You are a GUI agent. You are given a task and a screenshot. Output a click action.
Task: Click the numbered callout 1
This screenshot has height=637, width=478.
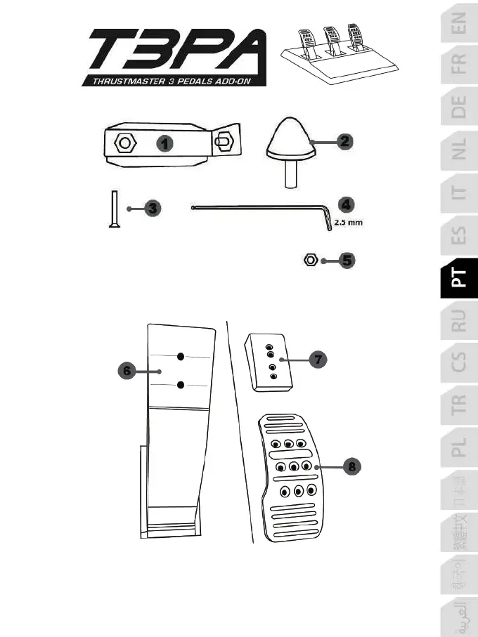click(x=164, y=144)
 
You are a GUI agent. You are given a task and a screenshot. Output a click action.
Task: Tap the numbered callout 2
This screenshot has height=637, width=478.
click(x=344, y=141)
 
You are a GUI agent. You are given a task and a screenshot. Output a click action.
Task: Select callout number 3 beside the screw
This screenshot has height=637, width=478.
click(x=154, y=208)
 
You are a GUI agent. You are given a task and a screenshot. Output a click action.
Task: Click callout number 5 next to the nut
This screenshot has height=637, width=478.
click(x=346, y=261)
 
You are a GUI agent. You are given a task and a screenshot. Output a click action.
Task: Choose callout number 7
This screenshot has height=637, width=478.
click(x=318, y=359)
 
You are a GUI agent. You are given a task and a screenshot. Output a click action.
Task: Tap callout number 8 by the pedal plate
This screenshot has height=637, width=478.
click(x=350, y=466)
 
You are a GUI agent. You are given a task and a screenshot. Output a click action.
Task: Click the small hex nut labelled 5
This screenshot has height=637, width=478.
click(x=309, y=261)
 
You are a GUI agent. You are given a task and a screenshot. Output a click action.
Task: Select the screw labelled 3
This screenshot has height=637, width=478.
click(x=112, y=209)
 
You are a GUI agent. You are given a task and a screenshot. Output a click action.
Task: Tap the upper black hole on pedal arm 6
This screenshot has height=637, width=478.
click(x=181, y=356)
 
